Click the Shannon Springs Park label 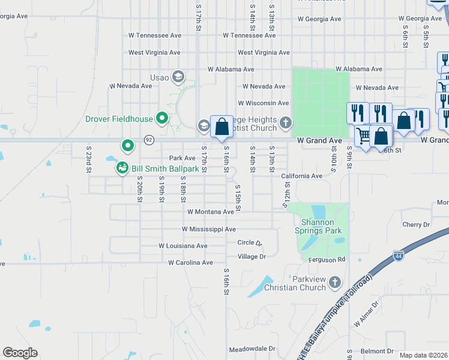tap(318, 226)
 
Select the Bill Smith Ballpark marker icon tap(122, 168)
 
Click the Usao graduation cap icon tap(178, 77)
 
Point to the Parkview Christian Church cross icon tap(335, 281)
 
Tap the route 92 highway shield tap(148, 140)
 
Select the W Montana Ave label tap(210, 212)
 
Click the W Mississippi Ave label tap(208, 229)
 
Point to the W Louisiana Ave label tap(183, 246)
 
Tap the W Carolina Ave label tap(190, 263)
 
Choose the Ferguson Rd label tap(328, 260)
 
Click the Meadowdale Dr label tap(252, 349)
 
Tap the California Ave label tap(301, 176)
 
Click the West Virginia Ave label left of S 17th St tap(154, 53)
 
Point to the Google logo tap(20, 352)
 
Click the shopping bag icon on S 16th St tap(221, 127)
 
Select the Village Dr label tap(252, 257)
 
